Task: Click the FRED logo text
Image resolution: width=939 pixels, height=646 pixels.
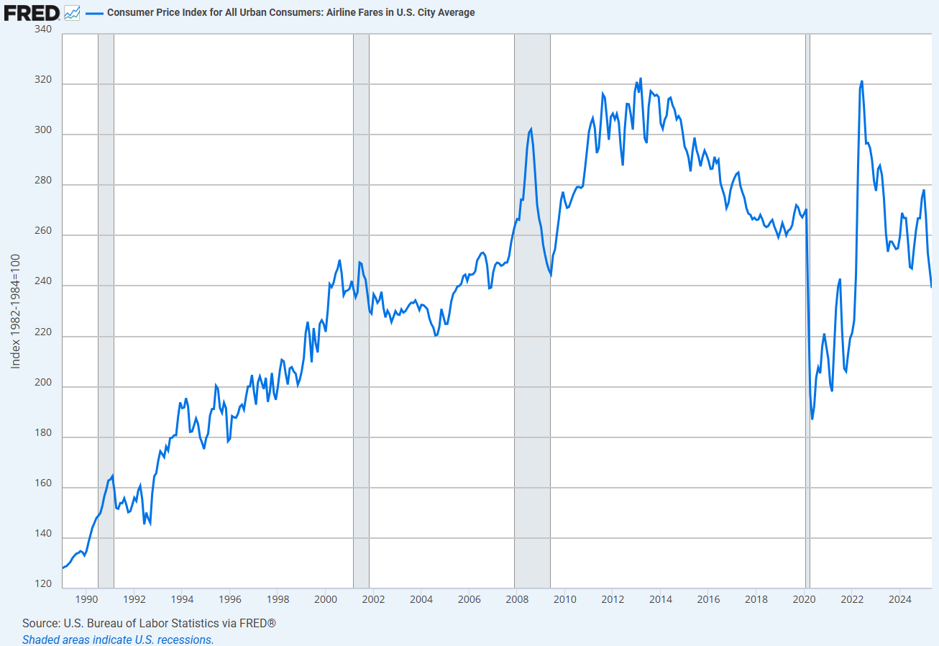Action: [32, 12]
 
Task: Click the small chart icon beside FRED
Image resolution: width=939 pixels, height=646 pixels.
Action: [72, 12]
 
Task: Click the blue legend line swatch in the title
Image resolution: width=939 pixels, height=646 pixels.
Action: [94, 12]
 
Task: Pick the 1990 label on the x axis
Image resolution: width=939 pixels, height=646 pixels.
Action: [86, 599]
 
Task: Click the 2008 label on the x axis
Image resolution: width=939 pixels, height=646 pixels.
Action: [516, 599]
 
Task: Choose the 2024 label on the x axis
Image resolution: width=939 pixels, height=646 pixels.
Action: [899, 599]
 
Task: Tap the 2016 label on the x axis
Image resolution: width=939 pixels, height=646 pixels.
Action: [708, 599]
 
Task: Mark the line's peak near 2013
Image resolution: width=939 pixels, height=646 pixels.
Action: [641, 78]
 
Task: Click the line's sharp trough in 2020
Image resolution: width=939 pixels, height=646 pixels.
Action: [812, 419]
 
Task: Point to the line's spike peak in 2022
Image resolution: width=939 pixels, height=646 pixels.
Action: [861, 81]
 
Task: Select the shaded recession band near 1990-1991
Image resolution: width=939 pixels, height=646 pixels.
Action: [106, 309]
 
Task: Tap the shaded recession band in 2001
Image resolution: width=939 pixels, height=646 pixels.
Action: [361, 309]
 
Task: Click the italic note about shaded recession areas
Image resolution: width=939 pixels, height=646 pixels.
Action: [117, 640]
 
